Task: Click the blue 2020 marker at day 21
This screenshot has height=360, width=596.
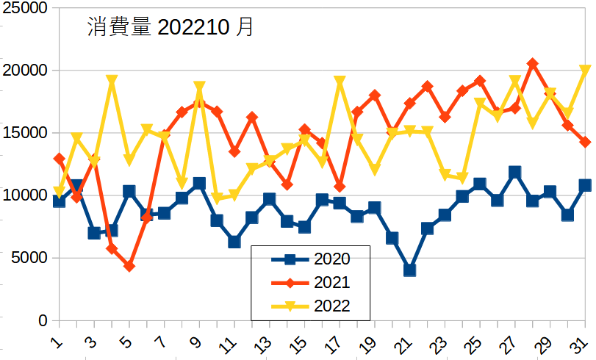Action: click(x=409, y=270)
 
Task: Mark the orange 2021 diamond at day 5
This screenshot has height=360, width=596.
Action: click(x=129, y=266)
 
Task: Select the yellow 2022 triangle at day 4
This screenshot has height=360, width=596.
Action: click(x=112, y=81)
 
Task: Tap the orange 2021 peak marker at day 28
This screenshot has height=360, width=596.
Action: click(x=533, y=64)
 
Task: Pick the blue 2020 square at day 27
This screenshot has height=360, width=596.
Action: click(x=515, y=173)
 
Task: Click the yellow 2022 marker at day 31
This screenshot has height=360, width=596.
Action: click(x=585, y=71)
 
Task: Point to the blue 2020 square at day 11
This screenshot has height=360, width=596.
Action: click(x=234, y=242)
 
